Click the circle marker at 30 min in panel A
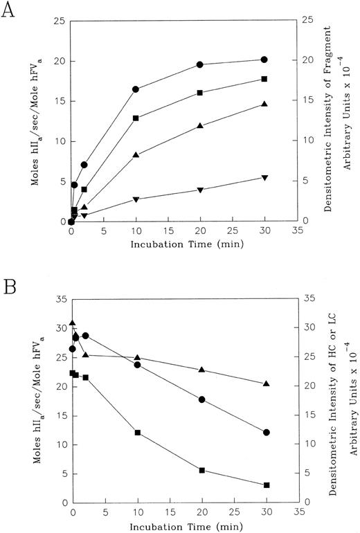point(264,60)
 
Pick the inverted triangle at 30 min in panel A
point(264,178)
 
